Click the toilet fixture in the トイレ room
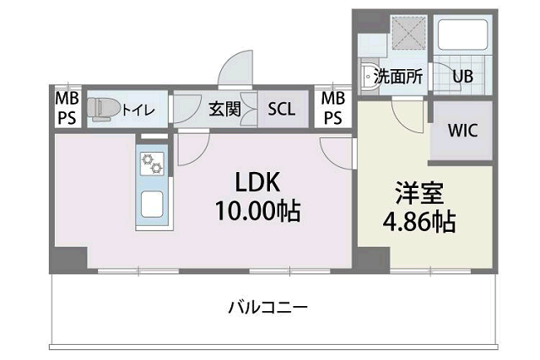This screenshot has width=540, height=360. (103, 109)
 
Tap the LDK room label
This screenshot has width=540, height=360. (257, 182)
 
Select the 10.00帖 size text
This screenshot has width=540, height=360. (258, 210)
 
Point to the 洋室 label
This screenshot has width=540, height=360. (419, 193)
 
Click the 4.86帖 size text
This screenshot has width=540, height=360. (419, 222)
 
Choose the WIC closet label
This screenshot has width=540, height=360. (462, 131)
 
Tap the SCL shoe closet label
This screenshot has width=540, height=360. (281, 109)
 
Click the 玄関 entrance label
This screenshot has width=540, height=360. (224, 109)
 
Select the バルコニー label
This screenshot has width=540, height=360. (268, 307)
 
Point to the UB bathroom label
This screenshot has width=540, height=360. (462, 77)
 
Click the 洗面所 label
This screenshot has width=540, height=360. (398, 77)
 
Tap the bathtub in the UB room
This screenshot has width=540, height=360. (462, 35)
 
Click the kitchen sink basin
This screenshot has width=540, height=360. (152, 204)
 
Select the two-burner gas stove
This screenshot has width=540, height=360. (152, 164)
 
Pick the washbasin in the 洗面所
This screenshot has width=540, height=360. (370, 76)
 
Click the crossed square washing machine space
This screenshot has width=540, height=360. (409, 33)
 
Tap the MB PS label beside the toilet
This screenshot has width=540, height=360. (67, 109)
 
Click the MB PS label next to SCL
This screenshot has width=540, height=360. (332, 109)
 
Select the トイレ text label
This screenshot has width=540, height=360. (138, 110)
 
